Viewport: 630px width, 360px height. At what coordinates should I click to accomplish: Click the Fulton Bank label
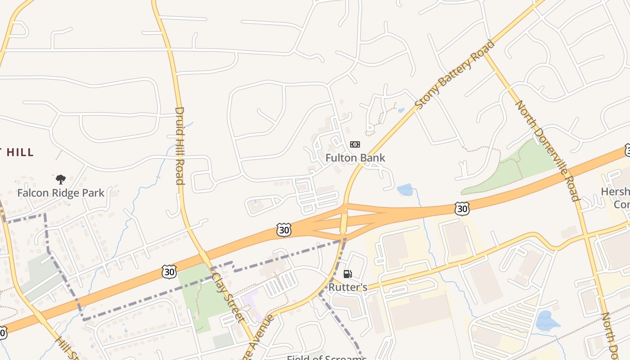click(355, 158)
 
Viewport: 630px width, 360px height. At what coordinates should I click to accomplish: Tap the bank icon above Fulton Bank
click(355, 144)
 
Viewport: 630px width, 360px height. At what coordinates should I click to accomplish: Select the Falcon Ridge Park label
click(61, 193)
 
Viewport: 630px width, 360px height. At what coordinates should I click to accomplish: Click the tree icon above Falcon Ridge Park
click(61, 180)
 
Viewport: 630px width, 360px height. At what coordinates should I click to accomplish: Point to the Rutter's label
click(348, 287)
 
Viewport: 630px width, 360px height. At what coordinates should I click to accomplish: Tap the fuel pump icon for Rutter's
click(347, 274)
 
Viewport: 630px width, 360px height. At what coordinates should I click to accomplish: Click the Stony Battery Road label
click(454, 74)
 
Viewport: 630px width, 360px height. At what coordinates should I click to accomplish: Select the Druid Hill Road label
click(180, 145)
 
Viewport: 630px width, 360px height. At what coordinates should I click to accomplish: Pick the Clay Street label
click(227, 297)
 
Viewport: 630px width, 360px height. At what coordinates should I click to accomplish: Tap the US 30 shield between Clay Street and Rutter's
click(284, 230)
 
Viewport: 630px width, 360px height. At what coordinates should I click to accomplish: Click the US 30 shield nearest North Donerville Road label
click(462, 208)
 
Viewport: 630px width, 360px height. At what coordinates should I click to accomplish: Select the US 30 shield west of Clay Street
click(169, 271)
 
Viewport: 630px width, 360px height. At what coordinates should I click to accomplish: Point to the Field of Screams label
click(327, 358)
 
